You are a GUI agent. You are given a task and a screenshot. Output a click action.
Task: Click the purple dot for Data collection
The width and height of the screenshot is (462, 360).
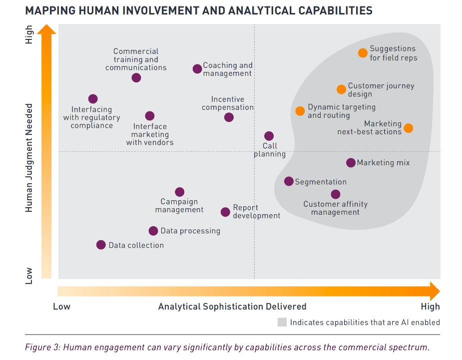point(101,245)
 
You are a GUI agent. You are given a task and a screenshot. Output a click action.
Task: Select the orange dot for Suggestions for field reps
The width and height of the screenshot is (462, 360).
point(363,53)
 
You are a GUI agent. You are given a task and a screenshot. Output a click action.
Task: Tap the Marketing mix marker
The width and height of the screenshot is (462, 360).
point(351,163)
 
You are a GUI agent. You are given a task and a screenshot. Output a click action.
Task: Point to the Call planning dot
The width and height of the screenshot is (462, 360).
point(269,136)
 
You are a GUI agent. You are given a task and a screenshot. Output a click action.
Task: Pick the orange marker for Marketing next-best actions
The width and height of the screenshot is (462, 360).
point(408,128)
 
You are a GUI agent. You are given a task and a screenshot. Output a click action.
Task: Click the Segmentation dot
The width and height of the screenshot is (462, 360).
point(289,181)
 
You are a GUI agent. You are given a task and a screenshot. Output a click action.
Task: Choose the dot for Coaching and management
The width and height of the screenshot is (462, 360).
point(197,68)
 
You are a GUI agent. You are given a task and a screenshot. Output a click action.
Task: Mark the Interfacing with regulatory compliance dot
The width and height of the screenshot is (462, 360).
point(93,99)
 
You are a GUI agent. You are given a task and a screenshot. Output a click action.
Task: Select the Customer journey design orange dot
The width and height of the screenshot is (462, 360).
point(341,89)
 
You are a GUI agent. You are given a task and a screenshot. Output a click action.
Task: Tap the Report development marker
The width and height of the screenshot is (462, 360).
point(226,212)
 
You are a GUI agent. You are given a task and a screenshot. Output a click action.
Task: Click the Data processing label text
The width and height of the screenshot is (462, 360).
point(190,231)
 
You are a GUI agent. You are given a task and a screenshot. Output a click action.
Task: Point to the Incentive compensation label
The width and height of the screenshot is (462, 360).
point(228,103)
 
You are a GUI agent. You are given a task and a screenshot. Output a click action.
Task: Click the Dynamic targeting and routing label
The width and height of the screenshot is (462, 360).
point(342,111)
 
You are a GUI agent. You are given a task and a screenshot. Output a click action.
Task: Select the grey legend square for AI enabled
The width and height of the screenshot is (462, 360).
point(282,323)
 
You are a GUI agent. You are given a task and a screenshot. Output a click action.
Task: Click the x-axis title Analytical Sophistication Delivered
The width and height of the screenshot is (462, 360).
point(232,307)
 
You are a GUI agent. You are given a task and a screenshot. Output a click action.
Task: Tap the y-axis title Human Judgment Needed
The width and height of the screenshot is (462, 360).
point(29,158)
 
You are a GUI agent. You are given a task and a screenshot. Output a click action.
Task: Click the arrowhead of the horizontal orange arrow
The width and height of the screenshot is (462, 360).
point(435,291)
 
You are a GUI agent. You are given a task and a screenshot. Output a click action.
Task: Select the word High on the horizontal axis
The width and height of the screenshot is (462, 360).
point(430,307)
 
